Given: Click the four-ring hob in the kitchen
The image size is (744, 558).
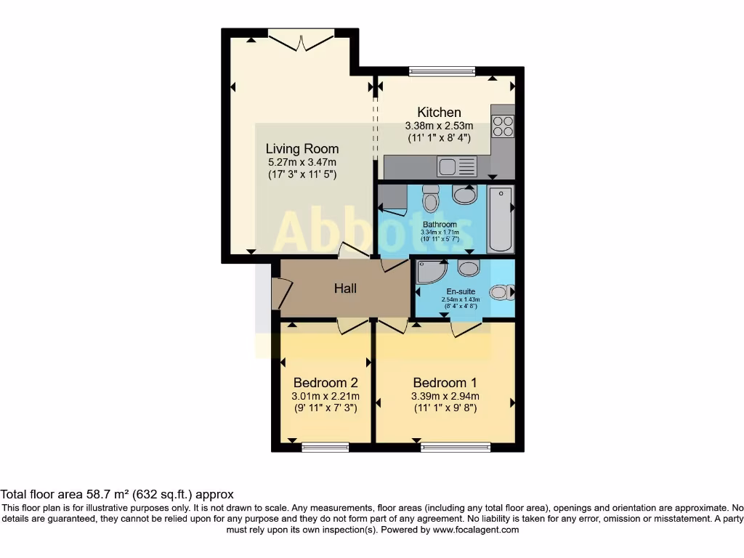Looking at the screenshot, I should (503, 126).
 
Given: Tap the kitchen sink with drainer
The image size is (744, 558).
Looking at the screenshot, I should (457, 167).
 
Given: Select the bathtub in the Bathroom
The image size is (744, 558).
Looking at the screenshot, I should (500, 218).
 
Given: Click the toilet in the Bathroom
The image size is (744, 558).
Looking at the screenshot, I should (431, 198).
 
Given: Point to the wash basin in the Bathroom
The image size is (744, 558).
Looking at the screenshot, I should (464, 194).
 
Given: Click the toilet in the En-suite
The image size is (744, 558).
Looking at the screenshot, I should (500, 292).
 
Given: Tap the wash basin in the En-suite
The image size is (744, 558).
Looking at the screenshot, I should (469, 268).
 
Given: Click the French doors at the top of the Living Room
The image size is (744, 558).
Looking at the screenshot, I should (302, 39).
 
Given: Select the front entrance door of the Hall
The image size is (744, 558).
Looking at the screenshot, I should (278, 294).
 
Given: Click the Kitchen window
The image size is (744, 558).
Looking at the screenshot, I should (442, 71).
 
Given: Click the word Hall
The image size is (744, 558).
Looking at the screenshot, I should (345, 288).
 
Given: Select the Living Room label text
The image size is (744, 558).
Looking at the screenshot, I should (302, 149).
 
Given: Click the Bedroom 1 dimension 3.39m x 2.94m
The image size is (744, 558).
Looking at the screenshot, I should (445, 397).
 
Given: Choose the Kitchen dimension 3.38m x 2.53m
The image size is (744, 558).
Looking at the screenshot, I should (439, 126).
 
